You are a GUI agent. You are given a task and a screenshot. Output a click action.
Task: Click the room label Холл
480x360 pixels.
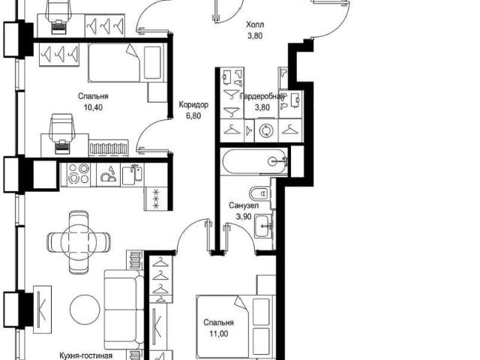pyautogui.click(x=255, y=25)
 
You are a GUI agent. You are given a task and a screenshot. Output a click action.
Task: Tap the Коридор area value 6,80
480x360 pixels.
pyautogui.click(x=193, y=116)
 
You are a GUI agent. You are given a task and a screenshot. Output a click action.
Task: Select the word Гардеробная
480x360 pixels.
pyautogui.click(x=262, y=97)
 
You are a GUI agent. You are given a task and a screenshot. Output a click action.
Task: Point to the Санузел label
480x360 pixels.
pyautogui.click(x=244, y=205)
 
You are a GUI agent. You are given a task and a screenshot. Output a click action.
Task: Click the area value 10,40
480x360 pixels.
pyautogui.click(x=93, y=107)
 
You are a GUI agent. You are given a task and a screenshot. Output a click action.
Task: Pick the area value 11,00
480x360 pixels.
pyautogui.click(x=218, y=334)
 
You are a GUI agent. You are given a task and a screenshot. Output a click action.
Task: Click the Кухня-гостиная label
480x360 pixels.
pyautogui.click(x=85, y=355)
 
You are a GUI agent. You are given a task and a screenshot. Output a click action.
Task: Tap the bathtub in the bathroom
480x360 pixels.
pyautogui.click(x=255, y=161)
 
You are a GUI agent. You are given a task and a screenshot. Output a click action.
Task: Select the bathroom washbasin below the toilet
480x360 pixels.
pyautogui.click(x=263, y=226)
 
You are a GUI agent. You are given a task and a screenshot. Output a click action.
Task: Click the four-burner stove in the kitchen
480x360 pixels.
pyautogui.click(x=79, y=174)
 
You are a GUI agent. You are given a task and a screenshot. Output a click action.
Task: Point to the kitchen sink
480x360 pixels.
pyautogui.click(x=133, y=175)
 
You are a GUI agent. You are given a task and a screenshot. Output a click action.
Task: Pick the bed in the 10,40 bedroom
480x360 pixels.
pyautogui.click(x=127, y=63)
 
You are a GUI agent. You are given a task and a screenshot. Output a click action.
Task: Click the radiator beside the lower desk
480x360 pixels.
pyautogui.click(x=109, y=148)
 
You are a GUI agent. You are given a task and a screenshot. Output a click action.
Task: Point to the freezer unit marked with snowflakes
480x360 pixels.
pyautogui.click(x=156, y=199)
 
